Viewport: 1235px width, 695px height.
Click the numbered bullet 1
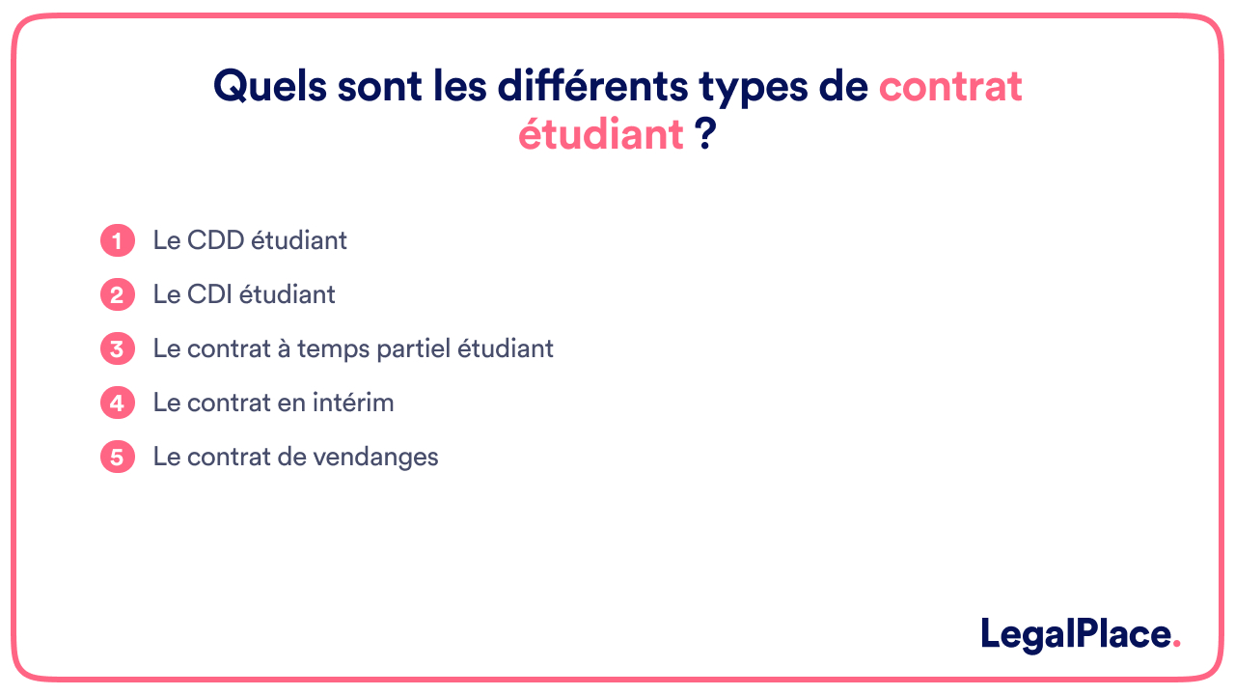pos(117,240)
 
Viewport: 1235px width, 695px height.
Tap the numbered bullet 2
pos(117,294)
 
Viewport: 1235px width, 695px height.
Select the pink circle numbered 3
pos(117,348)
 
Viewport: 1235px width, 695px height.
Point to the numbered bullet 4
pos(117,403)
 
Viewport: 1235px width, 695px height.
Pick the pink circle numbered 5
pos(117,457)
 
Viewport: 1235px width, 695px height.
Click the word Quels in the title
pos(269,87)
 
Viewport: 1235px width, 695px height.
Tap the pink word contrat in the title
pos(949,87)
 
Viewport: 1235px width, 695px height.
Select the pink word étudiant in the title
pos(601,135)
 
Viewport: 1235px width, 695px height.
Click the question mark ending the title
pos(705,135)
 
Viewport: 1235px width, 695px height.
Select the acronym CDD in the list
pos(215,240)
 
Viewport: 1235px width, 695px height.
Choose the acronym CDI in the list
pos(211,294)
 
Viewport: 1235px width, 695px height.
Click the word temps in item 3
pos(331,349)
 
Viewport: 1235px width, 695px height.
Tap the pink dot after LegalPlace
pos(1175,646)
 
